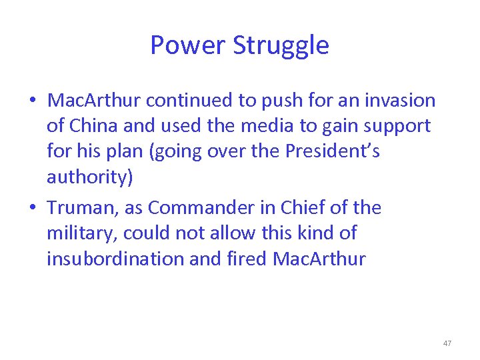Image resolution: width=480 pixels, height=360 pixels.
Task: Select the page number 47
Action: pyautogui.click(x=447, y=343)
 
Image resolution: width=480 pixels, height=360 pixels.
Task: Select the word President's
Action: pyautogui.click(x=332, y=151)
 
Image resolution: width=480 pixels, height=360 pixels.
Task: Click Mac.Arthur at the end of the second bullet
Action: pyautogui.click(x=320, y=259)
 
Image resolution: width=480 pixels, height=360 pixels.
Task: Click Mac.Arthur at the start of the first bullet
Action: pyautogui.click(x=94, y=101)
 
